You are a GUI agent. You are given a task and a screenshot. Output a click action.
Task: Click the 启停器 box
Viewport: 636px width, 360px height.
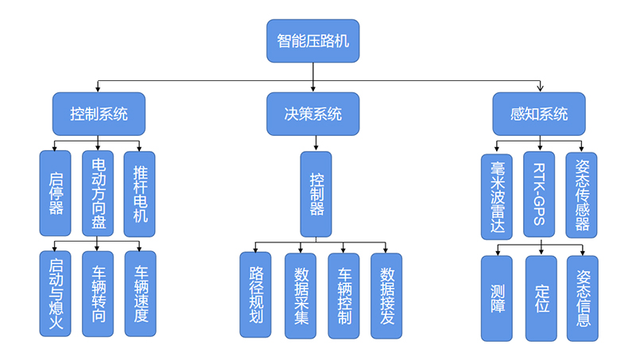tap(55, 193)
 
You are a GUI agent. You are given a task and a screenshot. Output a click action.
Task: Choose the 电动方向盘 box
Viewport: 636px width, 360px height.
tap(98, 193)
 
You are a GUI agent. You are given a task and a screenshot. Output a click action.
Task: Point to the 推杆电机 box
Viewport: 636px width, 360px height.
tap(140, 193)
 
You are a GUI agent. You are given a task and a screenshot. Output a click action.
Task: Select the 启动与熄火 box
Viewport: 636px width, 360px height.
tap(55, 293)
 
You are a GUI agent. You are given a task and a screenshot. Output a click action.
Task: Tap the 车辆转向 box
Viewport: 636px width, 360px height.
tap(98, 293)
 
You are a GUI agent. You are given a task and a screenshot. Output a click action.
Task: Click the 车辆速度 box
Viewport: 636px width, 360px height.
tap(140, 293)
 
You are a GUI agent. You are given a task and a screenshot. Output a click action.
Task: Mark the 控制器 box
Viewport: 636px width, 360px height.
tap(316, 194)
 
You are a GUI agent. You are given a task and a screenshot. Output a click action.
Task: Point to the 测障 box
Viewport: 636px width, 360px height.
tap(497, 298)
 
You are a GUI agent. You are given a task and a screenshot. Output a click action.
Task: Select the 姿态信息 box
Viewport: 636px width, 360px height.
tap(582, 298)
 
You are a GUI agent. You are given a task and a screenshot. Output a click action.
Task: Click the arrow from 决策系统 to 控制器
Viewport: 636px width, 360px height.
tap(316, 143)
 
